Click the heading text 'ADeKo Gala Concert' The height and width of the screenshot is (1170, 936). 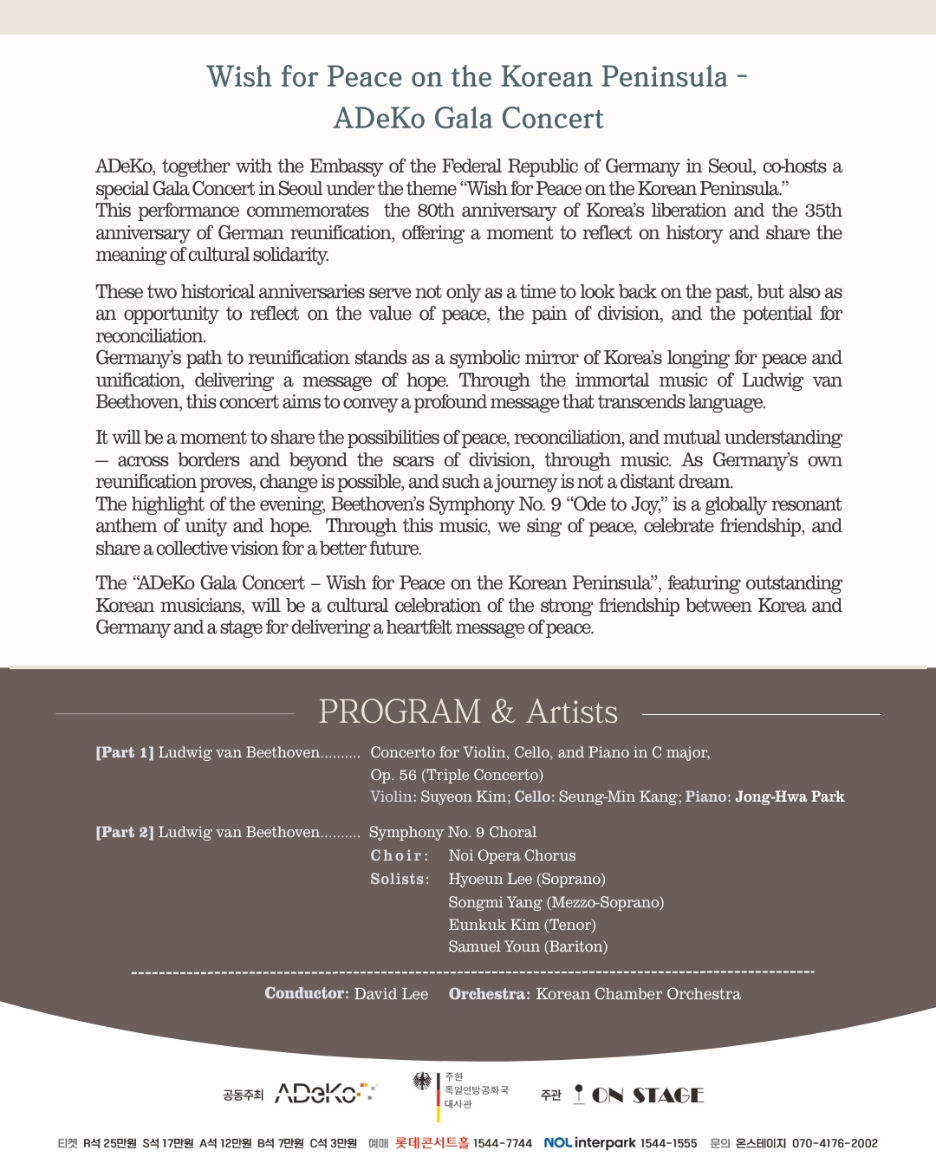[468, 118]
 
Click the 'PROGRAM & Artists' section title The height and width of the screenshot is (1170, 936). [468, 712]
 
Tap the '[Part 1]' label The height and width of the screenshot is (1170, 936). [125, 752]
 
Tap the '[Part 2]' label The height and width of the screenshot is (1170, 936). [125, 832]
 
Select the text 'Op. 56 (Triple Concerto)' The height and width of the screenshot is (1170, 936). [457, 775]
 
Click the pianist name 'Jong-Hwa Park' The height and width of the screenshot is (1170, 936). [790, 796]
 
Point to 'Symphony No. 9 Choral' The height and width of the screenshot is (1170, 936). [452, 832]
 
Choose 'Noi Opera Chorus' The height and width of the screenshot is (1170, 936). [512, 855]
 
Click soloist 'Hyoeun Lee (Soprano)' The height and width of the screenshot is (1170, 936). [527, 879]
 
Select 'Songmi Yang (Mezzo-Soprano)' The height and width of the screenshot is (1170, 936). [556, 902]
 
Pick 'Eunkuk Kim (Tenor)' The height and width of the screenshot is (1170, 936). [522, 925]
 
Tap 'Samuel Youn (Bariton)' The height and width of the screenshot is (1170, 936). [528, 946]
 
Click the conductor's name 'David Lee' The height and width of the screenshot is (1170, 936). [391, 994]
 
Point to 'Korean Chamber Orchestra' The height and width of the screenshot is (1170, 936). [638, 994]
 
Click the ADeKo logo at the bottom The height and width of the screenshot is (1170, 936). [325, 1094]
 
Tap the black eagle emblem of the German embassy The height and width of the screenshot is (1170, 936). [422, 1082]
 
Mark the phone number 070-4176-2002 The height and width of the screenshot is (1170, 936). [835, 1143]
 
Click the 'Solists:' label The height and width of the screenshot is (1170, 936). [400, 879]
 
